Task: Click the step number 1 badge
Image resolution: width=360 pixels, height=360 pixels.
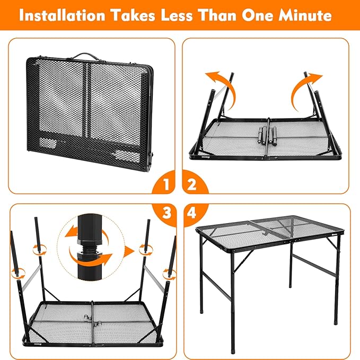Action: click(x=165, y=186)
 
